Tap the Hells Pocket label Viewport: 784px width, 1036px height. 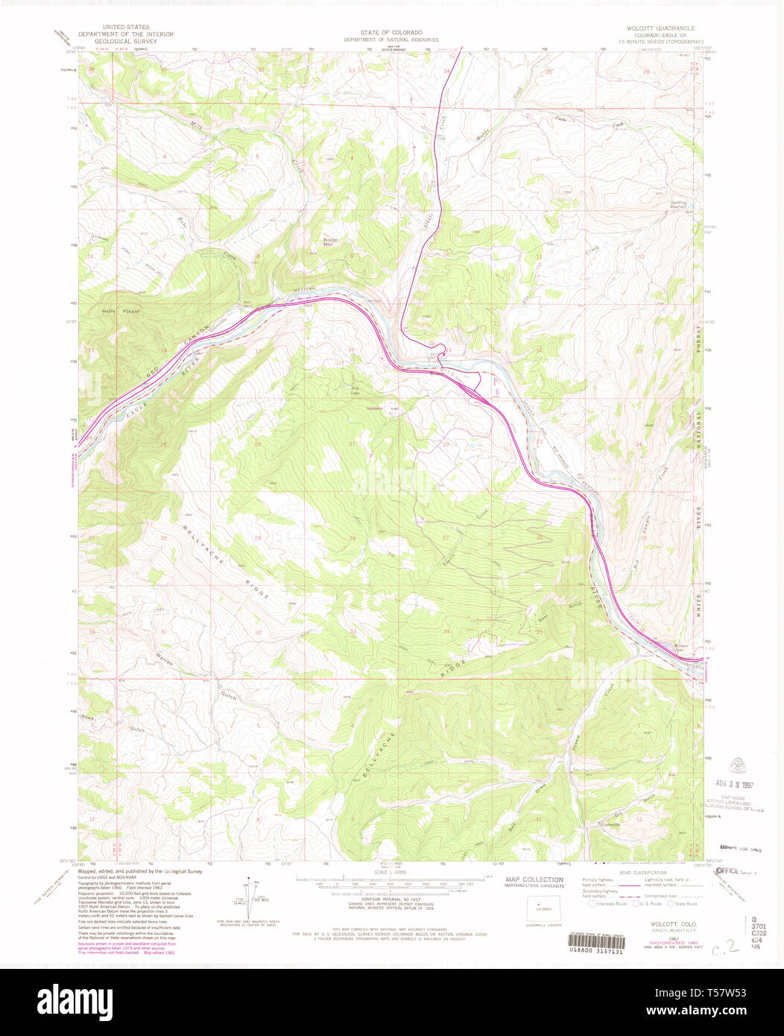(121, 312)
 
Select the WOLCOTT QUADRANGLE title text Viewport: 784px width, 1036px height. (662, 28)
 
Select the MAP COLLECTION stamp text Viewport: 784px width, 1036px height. (534, 879)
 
